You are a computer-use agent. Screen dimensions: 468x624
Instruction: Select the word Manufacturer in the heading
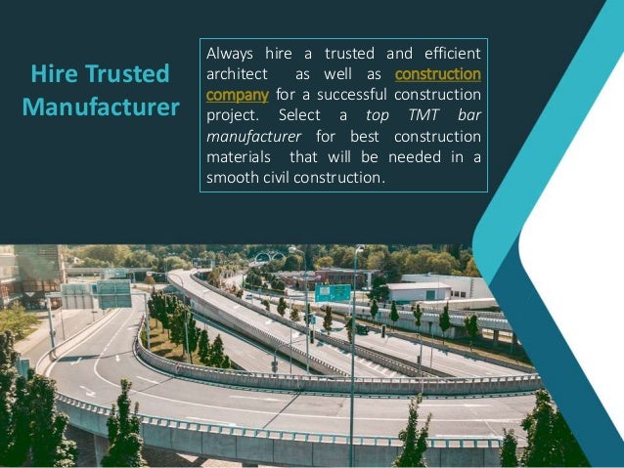tap(101, 106)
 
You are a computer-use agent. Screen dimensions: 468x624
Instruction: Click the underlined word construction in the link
tap(437, 74)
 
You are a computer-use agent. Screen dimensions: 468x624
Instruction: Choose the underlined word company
tap(237, 95)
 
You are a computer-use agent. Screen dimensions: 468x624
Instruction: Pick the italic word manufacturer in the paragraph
tap(253, 137)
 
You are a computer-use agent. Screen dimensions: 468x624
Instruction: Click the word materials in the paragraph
tap(240, 157)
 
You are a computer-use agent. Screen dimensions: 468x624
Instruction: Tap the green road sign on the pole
tap(334, 292)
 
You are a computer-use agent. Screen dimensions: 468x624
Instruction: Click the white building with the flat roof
tap(418, 290)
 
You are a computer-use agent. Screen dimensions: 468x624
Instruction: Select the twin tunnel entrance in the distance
tap(267, 258)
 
